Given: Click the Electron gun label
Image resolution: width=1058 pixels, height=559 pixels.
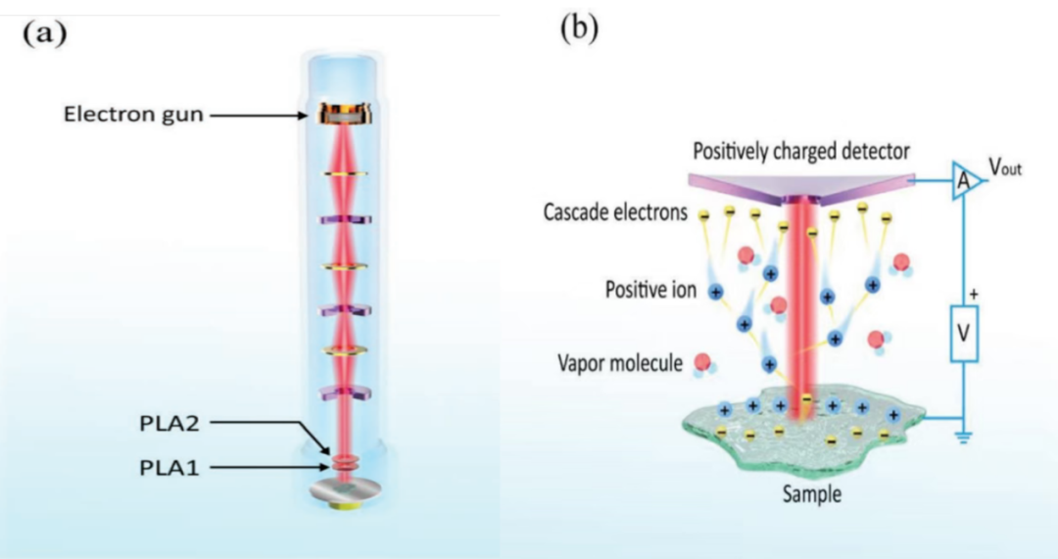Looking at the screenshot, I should coord(133,115).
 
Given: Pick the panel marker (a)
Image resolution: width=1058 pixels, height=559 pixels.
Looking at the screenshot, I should coord(45,31).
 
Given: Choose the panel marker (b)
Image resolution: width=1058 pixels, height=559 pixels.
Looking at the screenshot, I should coord(578,27).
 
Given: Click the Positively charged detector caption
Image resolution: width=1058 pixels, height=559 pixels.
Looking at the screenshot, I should coord(801,152).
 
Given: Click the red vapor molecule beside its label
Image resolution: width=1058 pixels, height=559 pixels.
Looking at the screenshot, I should coord(702,362).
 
